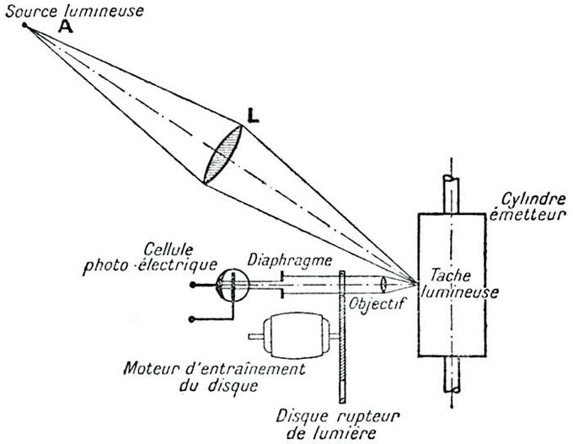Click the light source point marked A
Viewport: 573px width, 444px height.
point(24,25)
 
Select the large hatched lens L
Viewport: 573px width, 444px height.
point(223,152)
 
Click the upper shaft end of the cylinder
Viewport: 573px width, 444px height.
point(453,190)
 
